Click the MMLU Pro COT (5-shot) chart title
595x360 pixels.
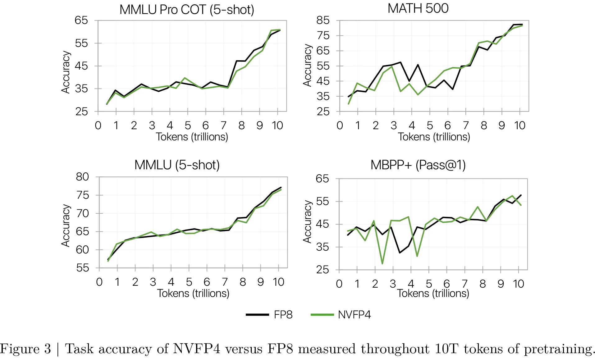187,10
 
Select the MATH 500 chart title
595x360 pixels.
418,8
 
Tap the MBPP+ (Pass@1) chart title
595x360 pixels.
418,165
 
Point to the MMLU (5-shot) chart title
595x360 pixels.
177,165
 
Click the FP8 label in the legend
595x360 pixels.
283,315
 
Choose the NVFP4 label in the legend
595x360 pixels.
354,315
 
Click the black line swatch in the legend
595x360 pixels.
257,315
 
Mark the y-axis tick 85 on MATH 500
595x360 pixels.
323,20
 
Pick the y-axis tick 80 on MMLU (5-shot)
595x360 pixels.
82,177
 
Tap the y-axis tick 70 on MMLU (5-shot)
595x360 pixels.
82,213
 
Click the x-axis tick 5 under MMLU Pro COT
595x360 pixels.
188,125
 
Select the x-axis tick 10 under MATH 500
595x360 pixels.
519,125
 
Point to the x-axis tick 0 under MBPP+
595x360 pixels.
339,284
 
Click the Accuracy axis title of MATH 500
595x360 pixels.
307,65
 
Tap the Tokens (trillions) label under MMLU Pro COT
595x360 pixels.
192,137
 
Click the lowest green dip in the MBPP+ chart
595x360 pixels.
382,264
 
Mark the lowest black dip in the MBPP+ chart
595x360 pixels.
400,253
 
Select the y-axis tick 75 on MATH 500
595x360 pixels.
323,35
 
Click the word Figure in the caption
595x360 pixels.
20,349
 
